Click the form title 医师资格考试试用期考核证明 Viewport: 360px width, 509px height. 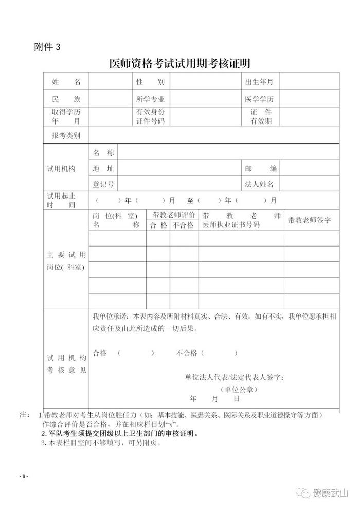coord(180,64)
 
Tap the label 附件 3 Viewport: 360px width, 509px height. coord(47,47)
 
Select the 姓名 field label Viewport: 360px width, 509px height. coord(66,82)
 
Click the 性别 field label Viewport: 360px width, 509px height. coord(150,82)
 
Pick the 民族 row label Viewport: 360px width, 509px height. coord(66,99)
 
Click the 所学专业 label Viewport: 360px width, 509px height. coord(150,99)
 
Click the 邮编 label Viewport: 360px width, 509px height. coord(262,168)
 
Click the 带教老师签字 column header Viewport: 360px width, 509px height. coord(309,220)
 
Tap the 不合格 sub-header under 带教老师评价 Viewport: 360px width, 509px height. coord(183,225)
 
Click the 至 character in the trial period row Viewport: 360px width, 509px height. coord(190,200)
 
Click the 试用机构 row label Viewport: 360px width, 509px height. coord(62,168)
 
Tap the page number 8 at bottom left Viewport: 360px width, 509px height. coord(24,477)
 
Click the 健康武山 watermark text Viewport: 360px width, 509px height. coord(331,493)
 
